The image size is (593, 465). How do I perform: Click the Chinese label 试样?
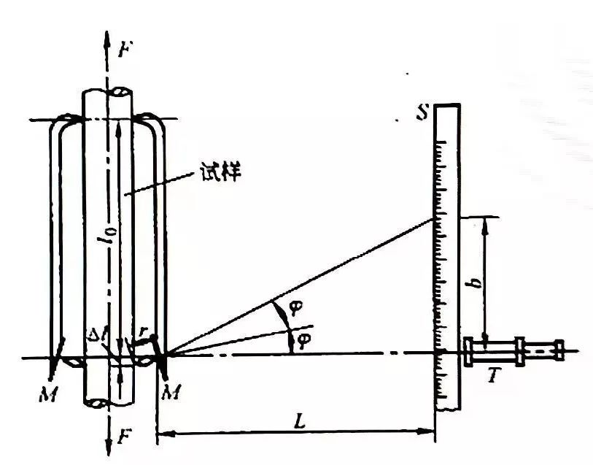(219, 173)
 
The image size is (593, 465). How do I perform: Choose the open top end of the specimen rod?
(108, 92)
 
